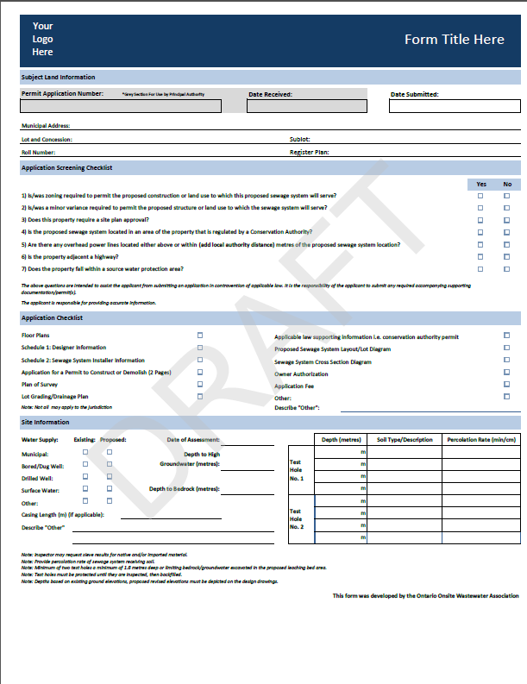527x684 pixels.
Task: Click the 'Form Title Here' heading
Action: [x=454, y=40]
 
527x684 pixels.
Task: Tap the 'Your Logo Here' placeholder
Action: [x=42, y=40]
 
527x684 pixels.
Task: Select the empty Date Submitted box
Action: [x=454, y=107]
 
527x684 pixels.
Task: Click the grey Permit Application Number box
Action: [x=121, y=107]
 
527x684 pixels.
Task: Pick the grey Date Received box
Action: [x=306, y=107]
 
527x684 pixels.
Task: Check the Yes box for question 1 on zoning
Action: [x=481, y=196]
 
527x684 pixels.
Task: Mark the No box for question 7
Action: [x=507, y=269]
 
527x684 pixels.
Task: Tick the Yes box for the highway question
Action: [x=481, y=257]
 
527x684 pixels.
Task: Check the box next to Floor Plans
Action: [x=200, y=335]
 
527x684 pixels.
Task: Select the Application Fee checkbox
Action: [x=507, y=386]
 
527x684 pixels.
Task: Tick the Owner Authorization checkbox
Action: [x=507, y=373]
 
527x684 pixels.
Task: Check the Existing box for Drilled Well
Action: [x=85, y=476]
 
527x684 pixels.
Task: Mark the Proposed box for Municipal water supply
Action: [x=110, y=452]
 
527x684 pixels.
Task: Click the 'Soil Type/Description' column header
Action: [x=405, y=440]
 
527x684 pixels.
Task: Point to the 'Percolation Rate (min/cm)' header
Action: [x=481, y=440]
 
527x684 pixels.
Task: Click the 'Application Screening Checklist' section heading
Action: [x=66, y=167]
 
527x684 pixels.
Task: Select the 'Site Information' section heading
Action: [x=45, y=423]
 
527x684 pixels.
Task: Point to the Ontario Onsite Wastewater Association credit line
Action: [x=425, y=595]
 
